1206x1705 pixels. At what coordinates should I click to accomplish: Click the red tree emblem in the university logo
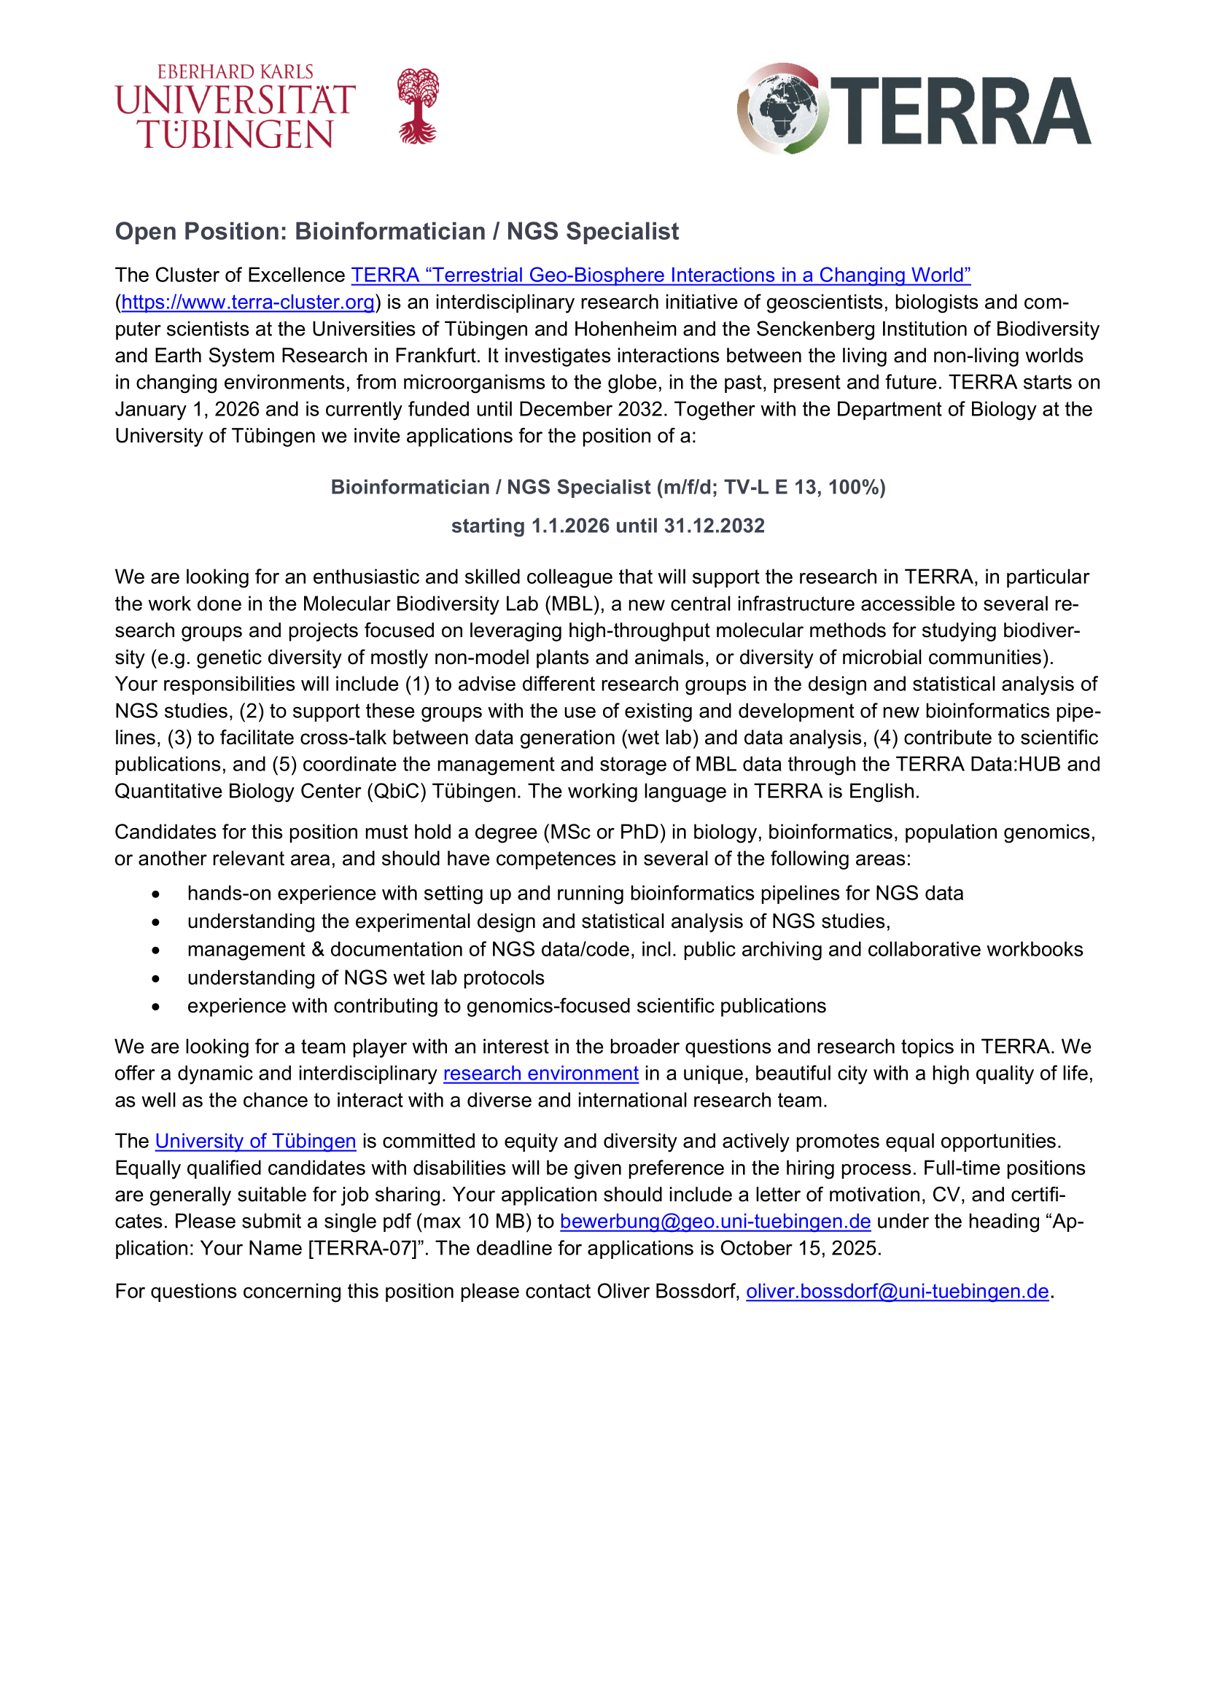418,106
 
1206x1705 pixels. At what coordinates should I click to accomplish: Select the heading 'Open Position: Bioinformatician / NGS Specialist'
397,232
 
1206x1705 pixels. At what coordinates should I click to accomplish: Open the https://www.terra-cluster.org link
247,303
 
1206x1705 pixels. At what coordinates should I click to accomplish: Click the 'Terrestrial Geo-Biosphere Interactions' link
660,276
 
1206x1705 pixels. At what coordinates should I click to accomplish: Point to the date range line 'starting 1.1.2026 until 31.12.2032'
607,526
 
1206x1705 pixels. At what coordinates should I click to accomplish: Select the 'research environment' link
540,1073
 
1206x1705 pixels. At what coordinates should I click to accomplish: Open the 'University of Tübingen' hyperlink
255,1141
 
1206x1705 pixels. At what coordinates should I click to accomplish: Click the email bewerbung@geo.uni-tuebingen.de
715,1221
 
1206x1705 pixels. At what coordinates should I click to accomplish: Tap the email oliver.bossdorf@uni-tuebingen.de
897,1292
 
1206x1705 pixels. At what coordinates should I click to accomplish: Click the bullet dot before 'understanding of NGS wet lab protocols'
155,979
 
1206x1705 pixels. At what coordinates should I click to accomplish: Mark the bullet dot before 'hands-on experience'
155,894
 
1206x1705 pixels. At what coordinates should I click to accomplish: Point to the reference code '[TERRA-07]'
361,1248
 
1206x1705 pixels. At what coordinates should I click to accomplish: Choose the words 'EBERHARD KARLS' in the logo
236,72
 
